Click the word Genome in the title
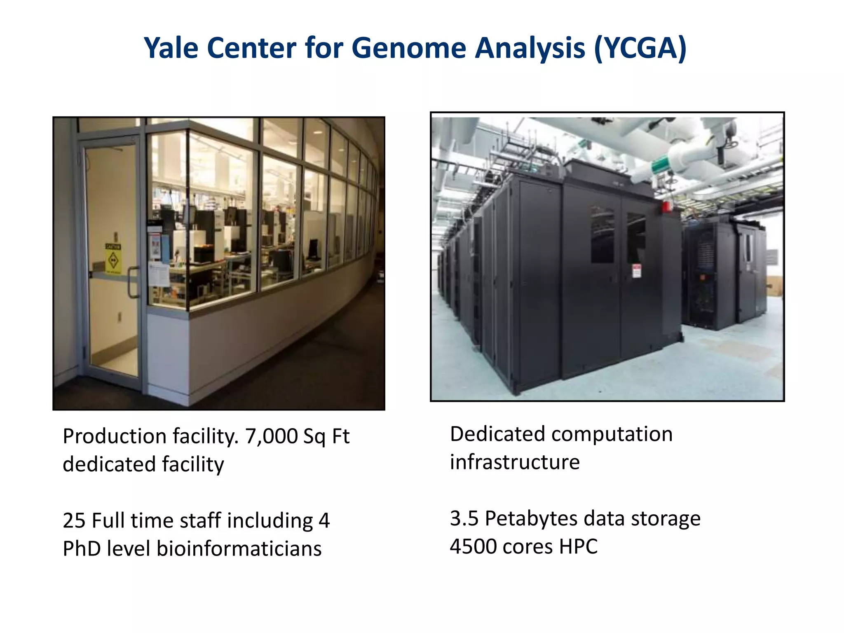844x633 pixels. point(409,48)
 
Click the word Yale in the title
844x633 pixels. point(171,48)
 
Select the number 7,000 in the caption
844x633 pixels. point(271,436)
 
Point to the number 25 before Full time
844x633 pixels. point(74,520)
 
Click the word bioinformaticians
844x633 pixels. point(239,549)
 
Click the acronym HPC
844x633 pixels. point(578,546)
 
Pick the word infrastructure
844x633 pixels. point(515,462)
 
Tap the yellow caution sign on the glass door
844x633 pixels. point(113,259)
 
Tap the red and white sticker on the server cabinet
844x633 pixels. point(637,271)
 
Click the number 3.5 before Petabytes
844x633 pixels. point(464,518)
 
